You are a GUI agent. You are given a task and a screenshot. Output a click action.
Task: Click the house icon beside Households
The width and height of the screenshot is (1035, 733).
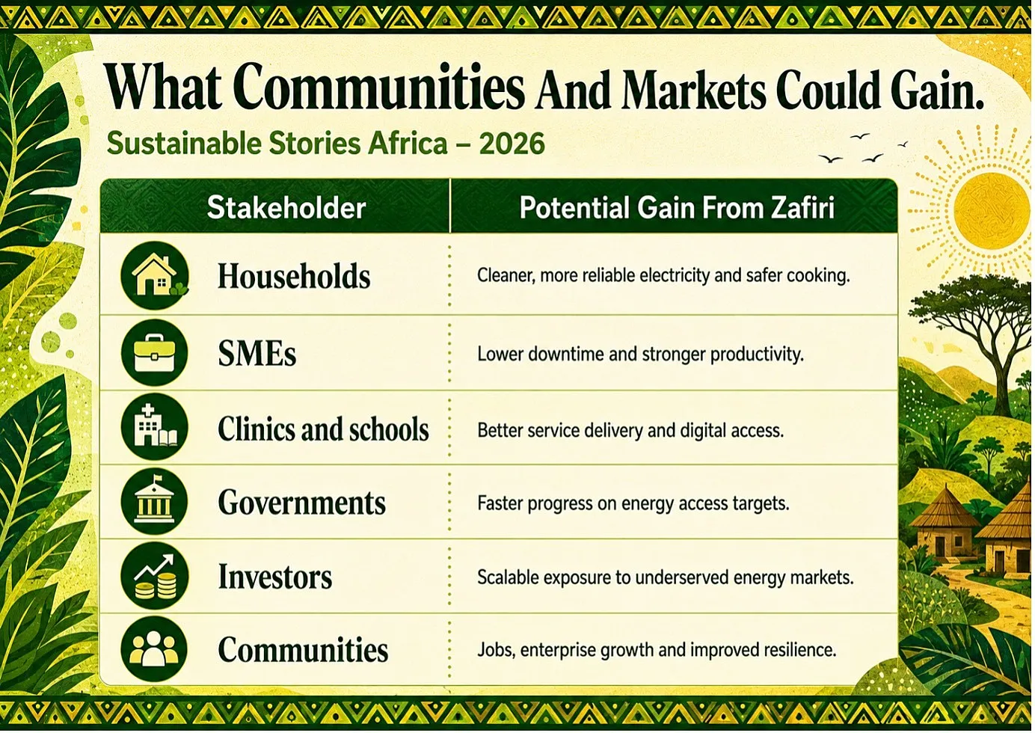click(x=155, y=275)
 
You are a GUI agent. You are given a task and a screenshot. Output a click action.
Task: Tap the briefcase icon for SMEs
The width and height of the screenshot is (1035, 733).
click(x=155, y=352)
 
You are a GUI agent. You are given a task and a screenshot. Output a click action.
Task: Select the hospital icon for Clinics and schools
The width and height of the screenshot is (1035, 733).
click(x=155, y=426)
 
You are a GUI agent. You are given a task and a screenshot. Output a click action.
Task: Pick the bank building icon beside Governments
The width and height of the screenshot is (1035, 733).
click(x=155, y=501)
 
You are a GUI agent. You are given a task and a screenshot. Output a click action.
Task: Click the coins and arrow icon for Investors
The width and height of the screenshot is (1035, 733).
click(x=155, y=576)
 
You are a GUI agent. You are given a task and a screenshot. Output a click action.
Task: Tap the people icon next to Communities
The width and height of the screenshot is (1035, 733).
click(x=155, y=649)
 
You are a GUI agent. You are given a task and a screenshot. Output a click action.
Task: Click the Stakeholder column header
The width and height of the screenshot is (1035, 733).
click(x=286, y=207)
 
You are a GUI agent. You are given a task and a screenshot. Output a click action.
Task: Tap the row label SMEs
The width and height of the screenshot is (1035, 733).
click(x=257, y=354)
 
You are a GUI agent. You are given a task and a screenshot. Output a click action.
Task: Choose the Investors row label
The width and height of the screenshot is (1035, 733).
click(x=275, y=577)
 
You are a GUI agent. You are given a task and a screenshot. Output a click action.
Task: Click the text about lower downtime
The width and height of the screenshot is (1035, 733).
click(x=640, y=355)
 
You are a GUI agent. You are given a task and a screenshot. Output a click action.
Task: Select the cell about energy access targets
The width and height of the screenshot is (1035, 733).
click(x=633, y=503)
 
